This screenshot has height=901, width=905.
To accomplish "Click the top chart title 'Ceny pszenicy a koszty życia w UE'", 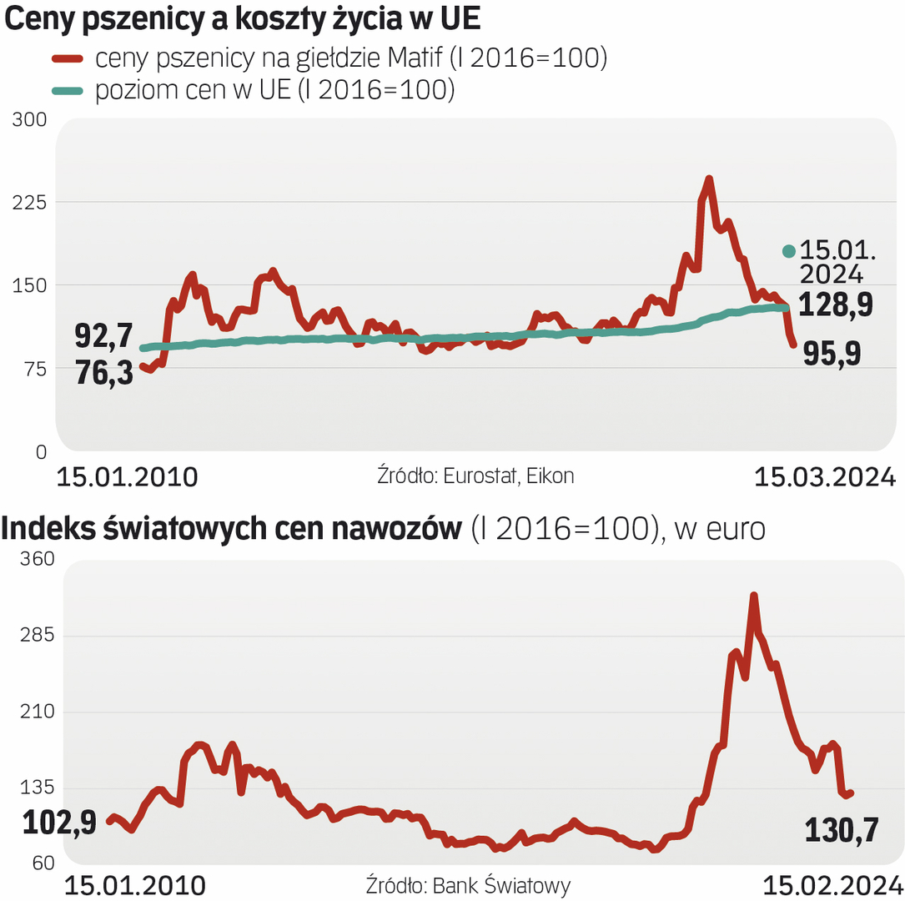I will (x=243, y=21).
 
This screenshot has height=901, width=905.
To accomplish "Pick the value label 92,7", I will (x=104, y=337).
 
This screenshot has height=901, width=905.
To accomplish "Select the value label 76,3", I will (x=104, y=373).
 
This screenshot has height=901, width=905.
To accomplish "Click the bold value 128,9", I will (x=836, y=305).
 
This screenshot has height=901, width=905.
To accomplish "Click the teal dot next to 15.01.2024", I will (x=788, y=251).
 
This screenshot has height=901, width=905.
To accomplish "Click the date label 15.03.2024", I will (x=824, y=477).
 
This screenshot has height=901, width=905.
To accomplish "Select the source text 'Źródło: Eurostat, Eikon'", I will (x=475, y=476).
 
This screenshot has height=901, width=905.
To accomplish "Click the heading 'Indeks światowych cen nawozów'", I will (x=233, y=528).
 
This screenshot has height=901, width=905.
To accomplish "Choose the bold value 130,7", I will (x=842, y=830).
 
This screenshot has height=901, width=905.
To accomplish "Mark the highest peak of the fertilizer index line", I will (x=753, y=596).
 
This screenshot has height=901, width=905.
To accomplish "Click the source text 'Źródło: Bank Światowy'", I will (x=468, y=885).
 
